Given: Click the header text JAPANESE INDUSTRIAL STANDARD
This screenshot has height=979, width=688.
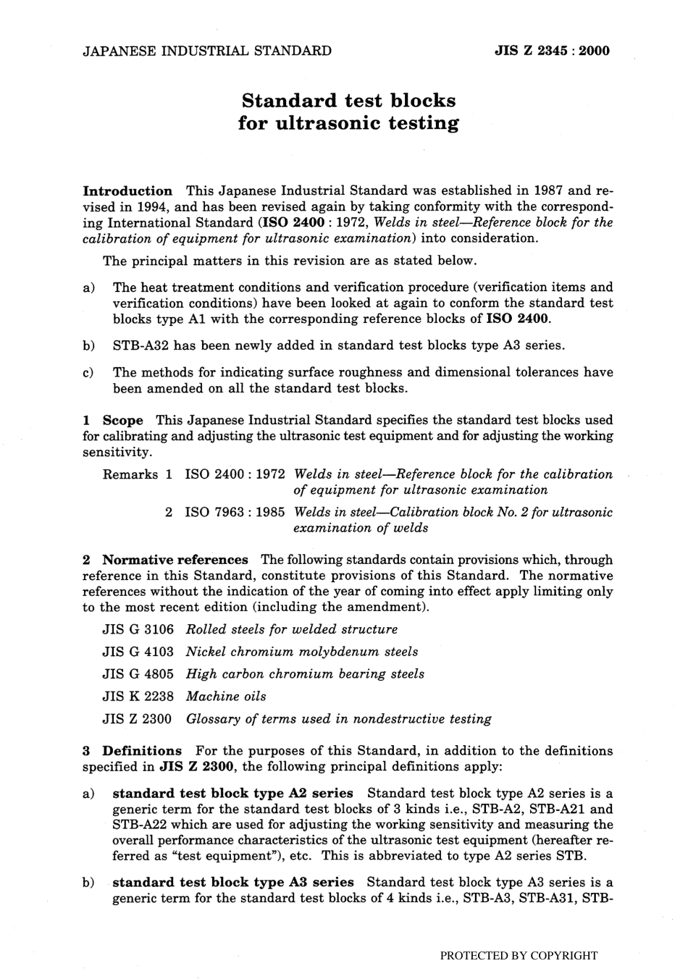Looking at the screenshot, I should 207,51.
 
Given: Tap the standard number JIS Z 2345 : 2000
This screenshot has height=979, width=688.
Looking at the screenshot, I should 552,51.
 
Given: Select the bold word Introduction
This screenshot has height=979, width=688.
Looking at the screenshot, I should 128,191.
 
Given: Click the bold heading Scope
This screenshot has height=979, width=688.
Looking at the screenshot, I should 123,420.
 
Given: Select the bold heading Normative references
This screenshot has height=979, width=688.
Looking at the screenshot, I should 175,560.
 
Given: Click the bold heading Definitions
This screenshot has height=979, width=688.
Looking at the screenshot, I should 142,751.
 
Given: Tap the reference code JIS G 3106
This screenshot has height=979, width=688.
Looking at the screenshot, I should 138,629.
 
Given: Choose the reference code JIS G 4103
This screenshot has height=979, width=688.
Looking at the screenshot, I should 138,652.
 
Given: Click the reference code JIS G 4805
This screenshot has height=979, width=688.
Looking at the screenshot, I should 138,674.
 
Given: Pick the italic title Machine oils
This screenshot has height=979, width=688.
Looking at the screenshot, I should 226,697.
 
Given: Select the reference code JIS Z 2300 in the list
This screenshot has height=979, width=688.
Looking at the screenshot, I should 138,719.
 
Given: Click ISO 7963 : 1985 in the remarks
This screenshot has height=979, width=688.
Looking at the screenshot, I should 235,513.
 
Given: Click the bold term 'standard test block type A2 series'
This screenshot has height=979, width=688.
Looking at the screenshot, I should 233,793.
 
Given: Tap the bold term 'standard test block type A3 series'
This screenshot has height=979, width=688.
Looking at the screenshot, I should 233,882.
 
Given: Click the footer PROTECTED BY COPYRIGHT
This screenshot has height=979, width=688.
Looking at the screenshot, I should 519,955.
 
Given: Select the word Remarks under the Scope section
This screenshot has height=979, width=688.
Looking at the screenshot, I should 130,475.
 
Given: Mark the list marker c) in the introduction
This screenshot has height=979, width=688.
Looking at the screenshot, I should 89,373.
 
